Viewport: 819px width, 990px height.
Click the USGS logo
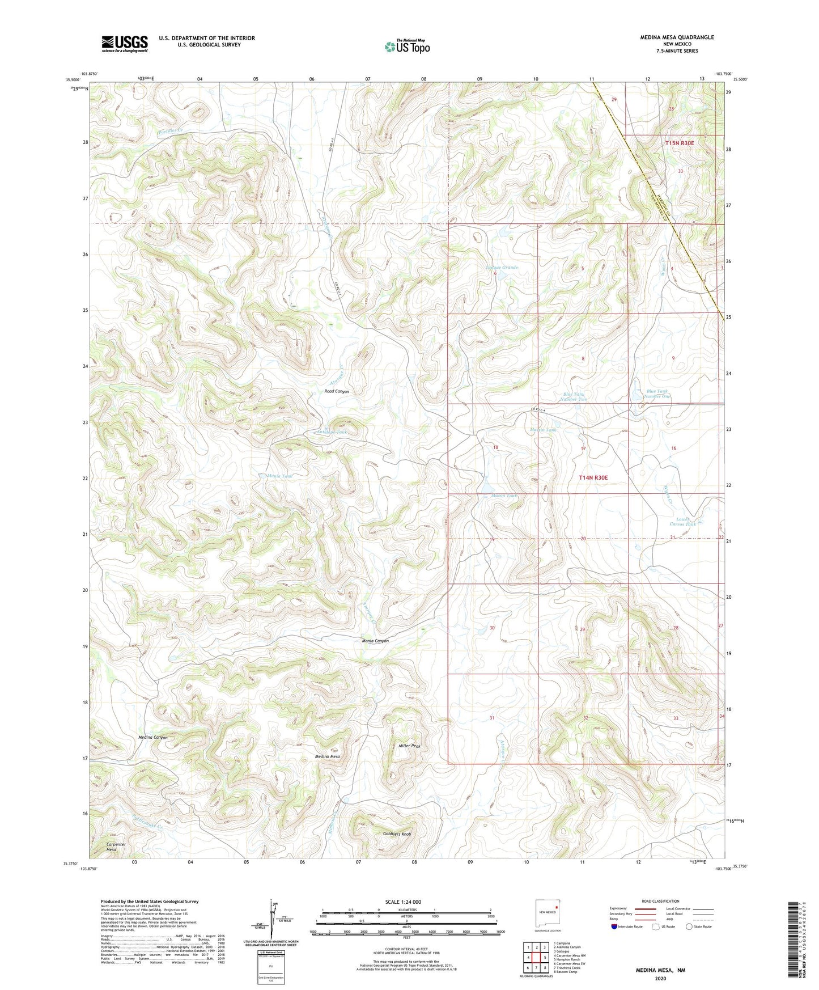coord(125,43)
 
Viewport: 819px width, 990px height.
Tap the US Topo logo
coord(406,46)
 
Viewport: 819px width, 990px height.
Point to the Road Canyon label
coord(337,392)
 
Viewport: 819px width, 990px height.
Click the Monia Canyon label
coord(375,641)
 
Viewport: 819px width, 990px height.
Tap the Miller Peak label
coord(409,746)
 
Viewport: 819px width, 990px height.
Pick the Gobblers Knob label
coord(396,835)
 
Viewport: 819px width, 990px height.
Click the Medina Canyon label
coord(153,737)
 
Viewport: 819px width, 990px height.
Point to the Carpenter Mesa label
coord(116,847)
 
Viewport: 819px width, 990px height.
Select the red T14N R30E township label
coord(593,478)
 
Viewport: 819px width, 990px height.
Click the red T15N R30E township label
coord(679,143)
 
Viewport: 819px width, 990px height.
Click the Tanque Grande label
coord(502,267)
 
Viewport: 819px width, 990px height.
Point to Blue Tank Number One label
coord(658,394)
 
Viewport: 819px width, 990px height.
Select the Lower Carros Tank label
coord(685,522)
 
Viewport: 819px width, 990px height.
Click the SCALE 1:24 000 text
coord(403,902)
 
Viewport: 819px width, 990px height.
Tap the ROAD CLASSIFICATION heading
coord(661,901)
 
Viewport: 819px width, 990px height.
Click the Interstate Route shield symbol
coord(614,928)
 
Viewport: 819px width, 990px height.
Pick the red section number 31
coord(492,718)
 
